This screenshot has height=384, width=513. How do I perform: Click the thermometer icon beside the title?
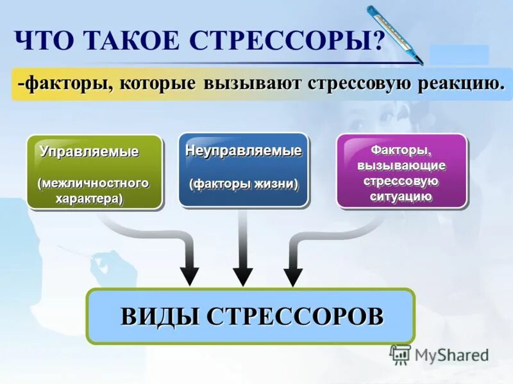[x=394, y=35]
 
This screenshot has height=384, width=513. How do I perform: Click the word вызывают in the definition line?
[x=253, y=84]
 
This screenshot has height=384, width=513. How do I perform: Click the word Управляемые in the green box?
[x=89, y=152]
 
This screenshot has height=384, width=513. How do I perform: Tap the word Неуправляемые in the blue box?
[x=243, y=152]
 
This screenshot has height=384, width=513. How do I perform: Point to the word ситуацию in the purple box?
[x=401, y=196]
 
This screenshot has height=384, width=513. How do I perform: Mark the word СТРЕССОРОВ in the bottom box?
[x=295, y=316]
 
